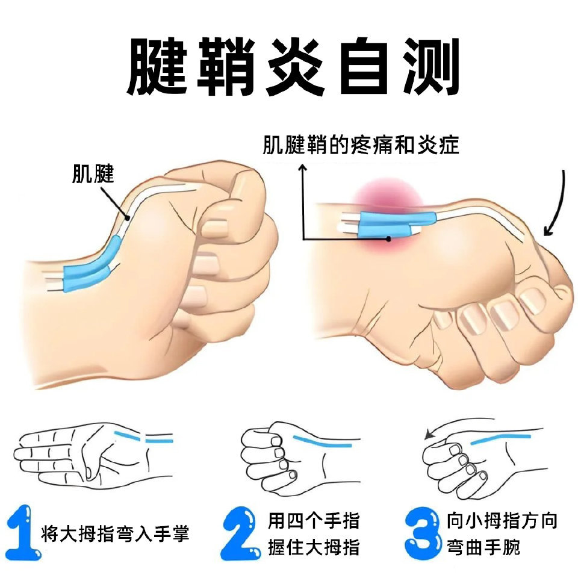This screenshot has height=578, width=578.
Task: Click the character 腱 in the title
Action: click(x=157, y=66)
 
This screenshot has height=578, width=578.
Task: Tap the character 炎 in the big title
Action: click(x=296, y=66)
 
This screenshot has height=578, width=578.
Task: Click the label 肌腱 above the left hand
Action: click(x=93, y=173)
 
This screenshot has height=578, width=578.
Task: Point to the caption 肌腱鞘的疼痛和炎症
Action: click(x=361, y=144)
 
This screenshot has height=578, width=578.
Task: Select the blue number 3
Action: click(x=423, y=533)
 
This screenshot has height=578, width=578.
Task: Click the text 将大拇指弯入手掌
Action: click(x=115, y=533)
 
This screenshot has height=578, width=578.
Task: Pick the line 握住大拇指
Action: click(x=314, y=547)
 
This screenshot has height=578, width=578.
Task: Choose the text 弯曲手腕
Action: click(x=483, y=547)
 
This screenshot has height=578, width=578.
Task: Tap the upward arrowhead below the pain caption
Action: click(x=303, y=168)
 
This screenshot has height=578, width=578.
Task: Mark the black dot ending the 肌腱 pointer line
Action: click(x=127, y=218)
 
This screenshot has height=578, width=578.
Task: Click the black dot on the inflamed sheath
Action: click(x=388, y=239)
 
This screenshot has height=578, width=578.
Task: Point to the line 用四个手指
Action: click(x=314, y=520)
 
